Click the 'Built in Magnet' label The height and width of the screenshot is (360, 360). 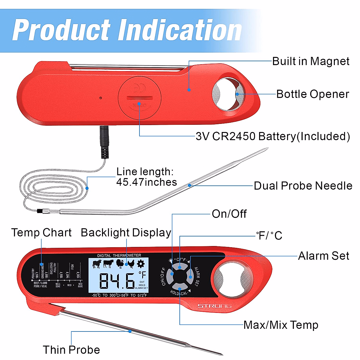click(310, 61)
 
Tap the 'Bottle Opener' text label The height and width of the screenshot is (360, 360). click(312, 94)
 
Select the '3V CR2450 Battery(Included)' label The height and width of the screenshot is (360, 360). click(273, 136)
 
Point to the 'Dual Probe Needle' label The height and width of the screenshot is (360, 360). click(303, 186)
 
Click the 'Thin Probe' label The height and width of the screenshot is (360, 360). click(71, 349)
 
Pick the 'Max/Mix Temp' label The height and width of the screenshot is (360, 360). click(280, 325)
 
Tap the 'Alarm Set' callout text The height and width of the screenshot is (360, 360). click(323, 256)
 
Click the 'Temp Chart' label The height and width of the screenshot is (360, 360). click(41, 232)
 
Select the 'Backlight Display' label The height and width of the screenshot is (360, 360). click(126, 232)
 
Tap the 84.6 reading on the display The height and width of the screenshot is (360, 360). click(117, 280)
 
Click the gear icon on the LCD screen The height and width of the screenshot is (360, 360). click(140, 264)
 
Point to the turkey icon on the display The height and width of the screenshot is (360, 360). click(120, 264)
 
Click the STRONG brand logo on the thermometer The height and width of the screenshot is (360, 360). click(214, 306)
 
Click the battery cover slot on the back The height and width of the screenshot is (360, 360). click(139, 98)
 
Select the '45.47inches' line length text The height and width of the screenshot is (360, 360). click(146, 182)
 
